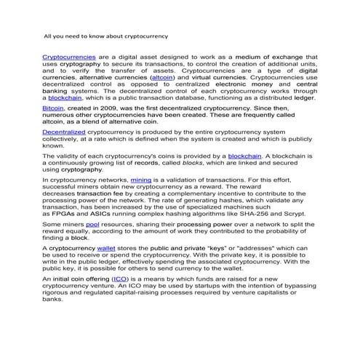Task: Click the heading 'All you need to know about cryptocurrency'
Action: pyautogui.click(x=105, y=34)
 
